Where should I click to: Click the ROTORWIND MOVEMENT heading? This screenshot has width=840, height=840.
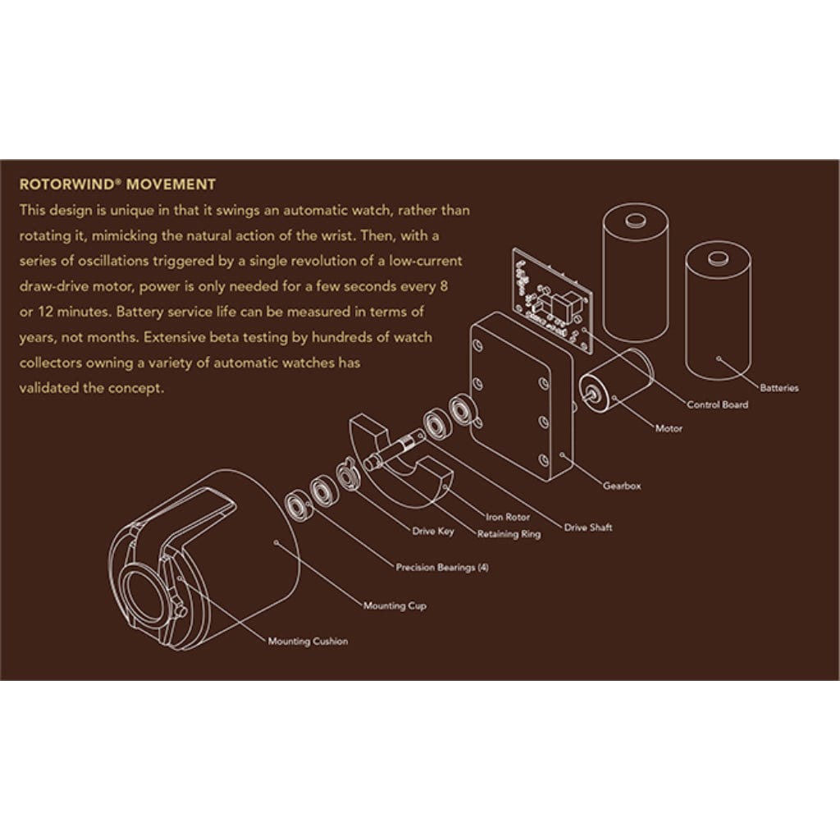pos(116,184)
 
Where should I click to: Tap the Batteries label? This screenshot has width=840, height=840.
pos(778,388)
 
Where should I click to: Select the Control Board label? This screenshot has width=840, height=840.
pos(717,404)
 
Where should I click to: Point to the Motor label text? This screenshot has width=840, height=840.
pos(669,428)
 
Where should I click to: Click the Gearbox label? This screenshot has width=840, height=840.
pos(622,486)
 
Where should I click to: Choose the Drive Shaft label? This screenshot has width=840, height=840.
pos(588,527)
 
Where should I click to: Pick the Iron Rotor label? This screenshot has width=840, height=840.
pos(508,517)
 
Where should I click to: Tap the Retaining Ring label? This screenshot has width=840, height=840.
pos(509,534)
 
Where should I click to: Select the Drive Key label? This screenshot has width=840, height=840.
pos(433,531)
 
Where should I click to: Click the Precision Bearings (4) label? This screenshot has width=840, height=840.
pos(442,567)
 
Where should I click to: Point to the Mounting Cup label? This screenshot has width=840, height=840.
pos(395,606)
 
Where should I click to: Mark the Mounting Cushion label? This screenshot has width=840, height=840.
pos(308,641)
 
